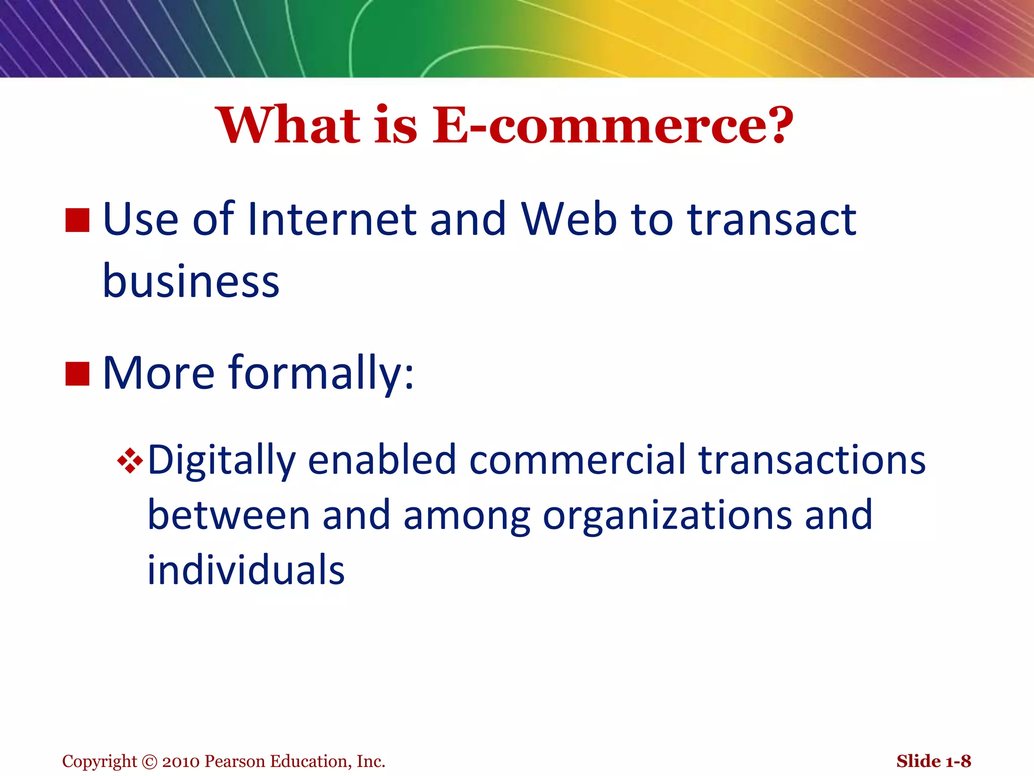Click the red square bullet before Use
77,220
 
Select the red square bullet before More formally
77,374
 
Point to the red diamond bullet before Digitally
130,461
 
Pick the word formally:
321,374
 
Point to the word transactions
812,460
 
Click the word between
228,515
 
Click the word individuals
246,570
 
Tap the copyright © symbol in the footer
150,761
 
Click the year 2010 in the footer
181,761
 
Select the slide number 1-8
958,761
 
